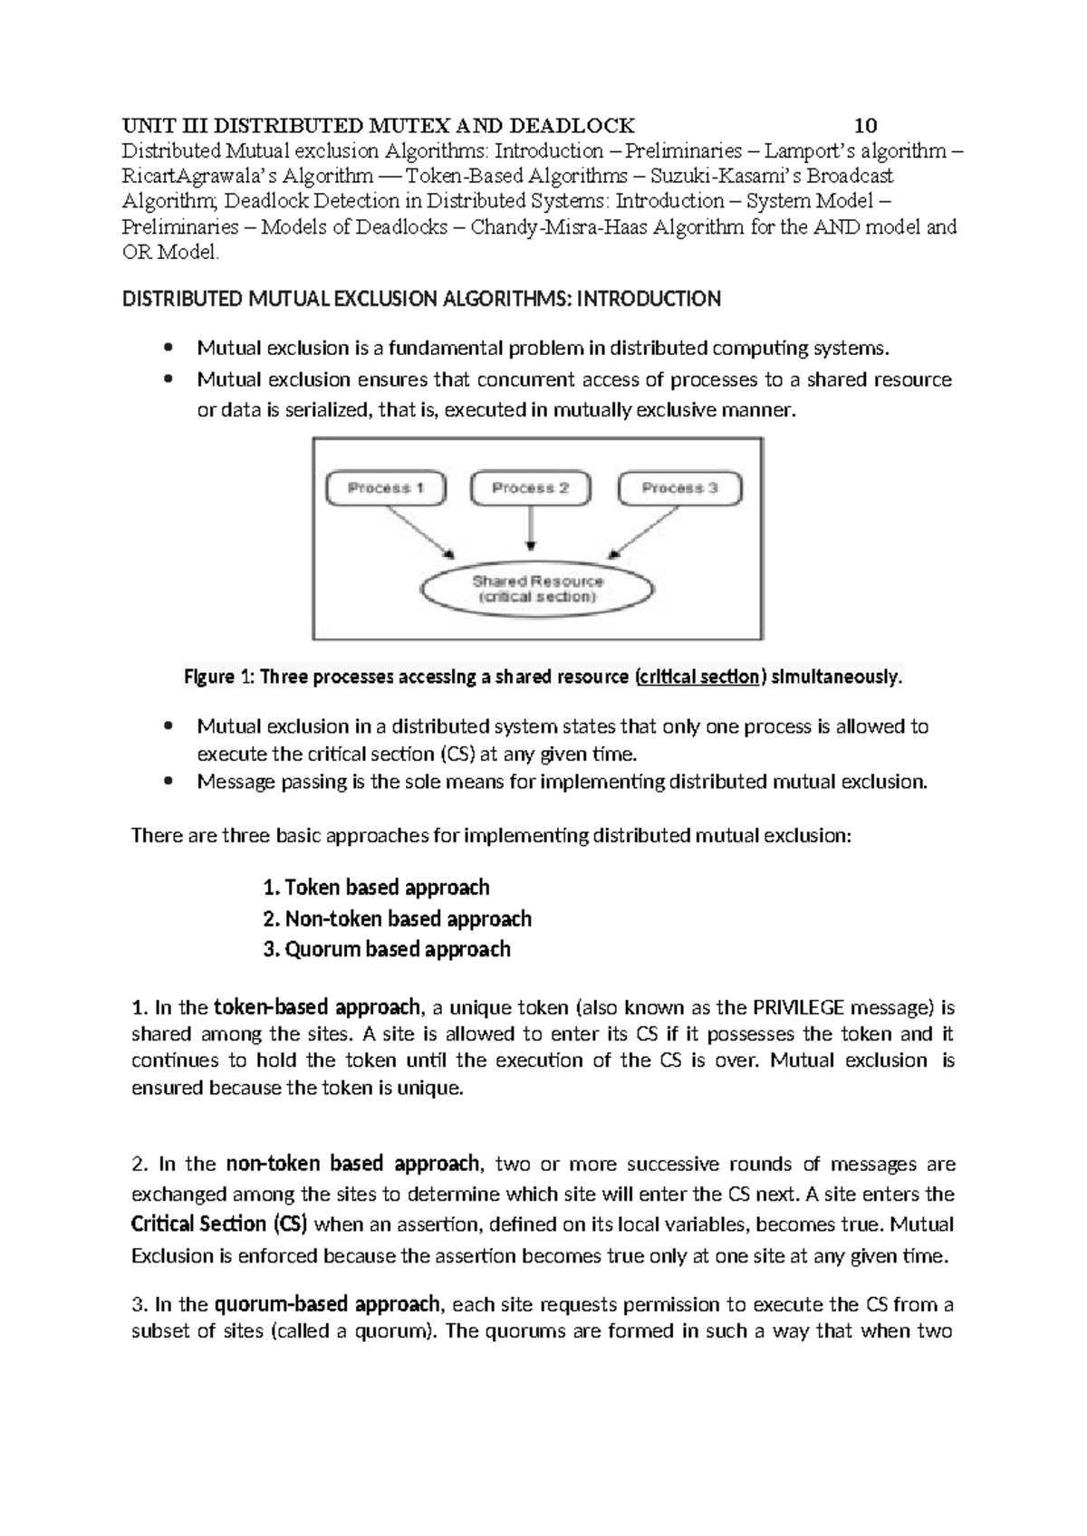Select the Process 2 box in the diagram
(530, 488)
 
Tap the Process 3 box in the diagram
(679, 488)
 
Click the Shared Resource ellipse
(537, 590)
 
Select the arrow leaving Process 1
(418, 532)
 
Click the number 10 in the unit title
(865, 125)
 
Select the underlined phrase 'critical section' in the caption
(698, 677)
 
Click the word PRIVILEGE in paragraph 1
(795, 1007)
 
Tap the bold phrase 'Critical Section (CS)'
(219, 1224)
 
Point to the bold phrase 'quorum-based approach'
(327, 1305)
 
